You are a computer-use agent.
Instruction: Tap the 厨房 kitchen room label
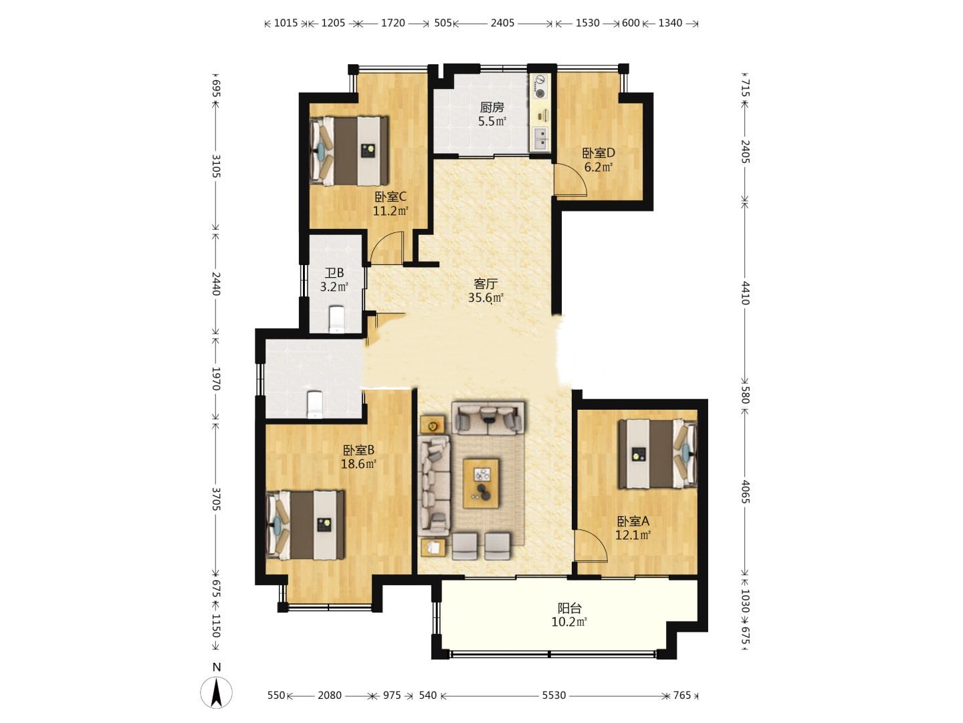[x=492, y=107]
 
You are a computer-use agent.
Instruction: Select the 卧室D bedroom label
[x=599, y=153]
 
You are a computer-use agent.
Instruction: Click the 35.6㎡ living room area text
[x=486, y=298]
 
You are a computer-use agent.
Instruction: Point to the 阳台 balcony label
[x=570, y=608]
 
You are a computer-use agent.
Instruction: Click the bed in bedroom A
[x=657, y=454]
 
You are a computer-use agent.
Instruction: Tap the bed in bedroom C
[x=349, y=151]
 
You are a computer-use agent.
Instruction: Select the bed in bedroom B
[x=306, y=525]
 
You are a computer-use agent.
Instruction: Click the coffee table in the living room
[x=481, y=484]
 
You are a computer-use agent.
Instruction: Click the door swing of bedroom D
[x=570, y=179]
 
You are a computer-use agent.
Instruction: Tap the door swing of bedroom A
[x=591, y=546]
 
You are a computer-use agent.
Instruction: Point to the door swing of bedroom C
[x=386, y=248]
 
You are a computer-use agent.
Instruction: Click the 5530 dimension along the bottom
[x=554, y=696]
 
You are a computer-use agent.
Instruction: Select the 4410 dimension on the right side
[x=745, y=293]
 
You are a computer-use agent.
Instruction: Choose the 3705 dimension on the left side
[x=216, y=499]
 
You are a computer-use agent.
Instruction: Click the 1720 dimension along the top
[x=393, y=23]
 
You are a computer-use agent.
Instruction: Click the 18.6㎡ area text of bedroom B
[x=358, y=464]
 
